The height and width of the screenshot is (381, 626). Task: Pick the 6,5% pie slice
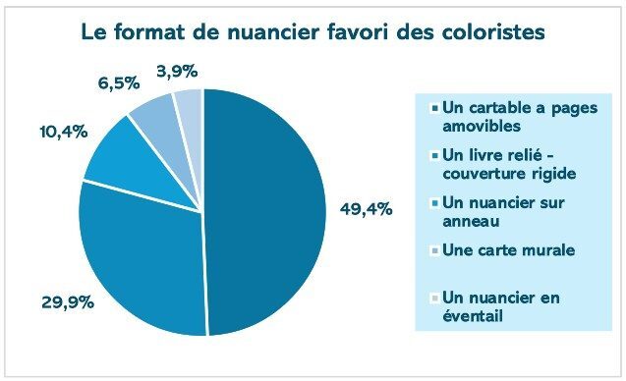click(158, 113)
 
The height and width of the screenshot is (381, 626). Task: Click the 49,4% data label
click(367, 208)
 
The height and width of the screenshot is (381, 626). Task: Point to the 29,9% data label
click(68, 302)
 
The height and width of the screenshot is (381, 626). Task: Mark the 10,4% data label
click(42, 131)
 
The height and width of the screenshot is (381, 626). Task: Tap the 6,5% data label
click(118, 83)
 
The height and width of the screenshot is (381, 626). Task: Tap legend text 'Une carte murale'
click(508, 249)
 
